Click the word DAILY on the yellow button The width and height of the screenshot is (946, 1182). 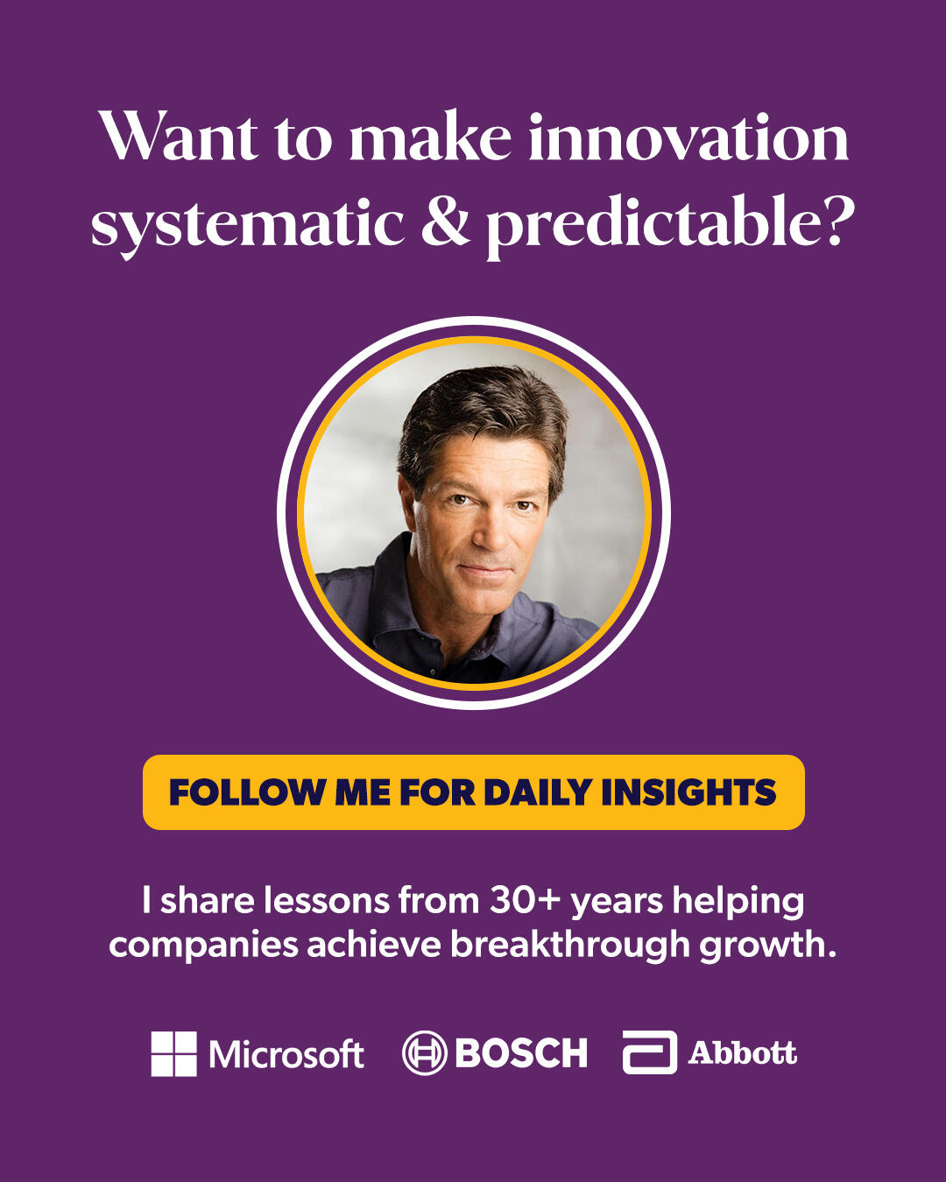pyautogui.click(x=538, y=792)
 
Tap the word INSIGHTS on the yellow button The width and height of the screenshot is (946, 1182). pyautogui.click(x=688, y=792)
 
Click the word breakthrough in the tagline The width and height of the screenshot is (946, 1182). pyautogui.click(x=570, y=946)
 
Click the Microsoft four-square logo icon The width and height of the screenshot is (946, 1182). pyautogui.click(x=173, y=1053)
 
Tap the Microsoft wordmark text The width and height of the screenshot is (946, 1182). pyautogui.click(x=286, y=1054)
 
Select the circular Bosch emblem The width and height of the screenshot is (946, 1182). pyautogui.click(x=424, y=1053)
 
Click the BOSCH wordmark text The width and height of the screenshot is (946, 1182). pyautogui.click(x=521, y=1053)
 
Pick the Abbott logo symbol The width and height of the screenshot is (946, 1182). pyautogui.click(x=650, y=1052)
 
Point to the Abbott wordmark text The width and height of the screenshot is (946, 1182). pyautogui.click(x=743, y=1052)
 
